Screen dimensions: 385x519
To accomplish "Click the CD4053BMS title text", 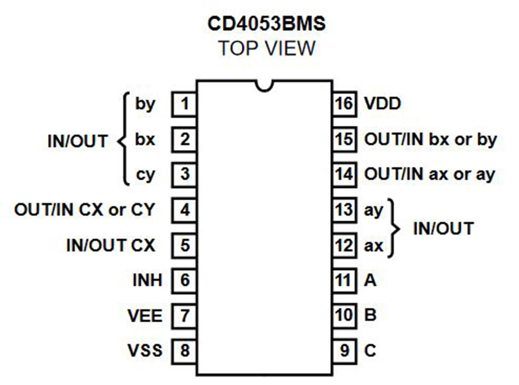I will (266, 25).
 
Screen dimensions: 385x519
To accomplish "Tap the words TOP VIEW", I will (266, 48).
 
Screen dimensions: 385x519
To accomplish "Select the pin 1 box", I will (185, 104).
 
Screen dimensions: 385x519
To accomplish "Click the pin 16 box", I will (344, 104).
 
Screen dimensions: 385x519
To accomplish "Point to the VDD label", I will (382, 104).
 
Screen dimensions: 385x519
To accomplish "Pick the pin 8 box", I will (185, 350).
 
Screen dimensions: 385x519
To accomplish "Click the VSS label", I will (145, 350).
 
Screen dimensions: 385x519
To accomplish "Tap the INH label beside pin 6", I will (147, 280).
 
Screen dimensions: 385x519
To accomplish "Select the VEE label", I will (145, 315).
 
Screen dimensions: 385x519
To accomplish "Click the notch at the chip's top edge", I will (264, 86).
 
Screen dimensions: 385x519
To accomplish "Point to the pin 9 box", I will (344, 350).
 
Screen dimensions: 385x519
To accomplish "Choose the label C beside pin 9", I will (370, 350).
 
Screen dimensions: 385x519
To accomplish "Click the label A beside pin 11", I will (370, 281).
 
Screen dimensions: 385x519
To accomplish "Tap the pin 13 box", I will (344, 210).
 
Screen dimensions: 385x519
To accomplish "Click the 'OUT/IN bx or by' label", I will (430, 140).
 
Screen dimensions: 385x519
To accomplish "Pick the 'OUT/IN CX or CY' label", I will (84, 210).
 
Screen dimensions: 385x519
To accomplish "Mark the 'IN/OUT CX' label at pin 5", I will (110, 246).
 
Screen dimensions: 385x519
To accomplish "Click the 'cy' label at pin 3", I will (145, 176).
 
